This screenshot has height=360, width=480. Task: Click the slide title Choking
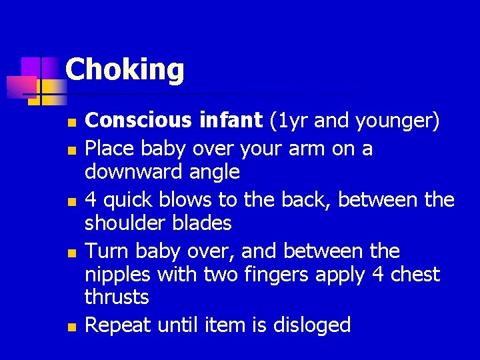(125, 69)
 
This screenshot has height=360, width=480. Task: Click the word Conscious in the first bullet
(139, 121)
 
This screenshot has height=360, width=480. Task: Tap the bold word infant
(230, 121)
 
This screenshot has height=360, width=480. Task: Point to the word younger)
(397, 121)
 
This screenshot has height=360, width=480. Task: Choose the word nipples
(117, 275)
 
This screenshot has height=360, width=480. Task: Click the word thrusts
(117, 297)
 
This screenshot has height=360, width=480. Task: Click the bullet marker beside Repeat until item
(72, 327)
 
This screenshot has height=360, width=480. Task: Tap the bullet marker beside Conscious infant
(72, 123)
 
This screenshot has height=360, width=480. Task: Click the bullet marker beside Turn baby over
(72, 253)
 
